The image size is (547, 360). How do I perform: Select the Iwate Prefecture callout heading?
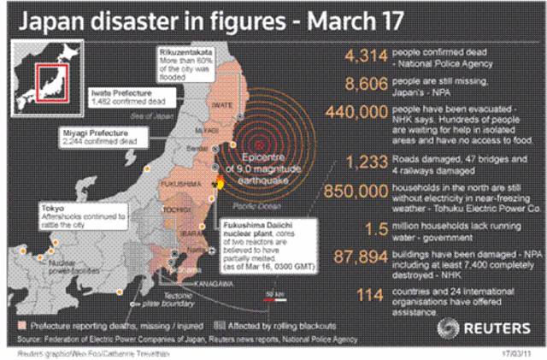pos(125,92)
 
